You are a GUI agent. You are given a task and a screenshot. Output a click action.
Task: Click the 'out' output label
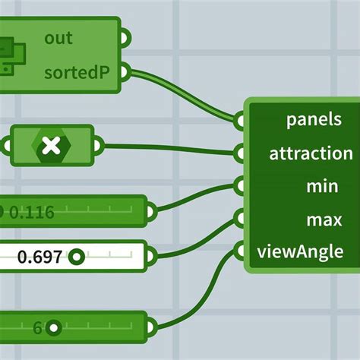pyautogui.click(x=58, y=38)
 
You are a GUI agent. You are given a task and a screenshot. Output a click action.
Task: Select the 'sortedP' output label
pyautogui.click(x=77, y=73)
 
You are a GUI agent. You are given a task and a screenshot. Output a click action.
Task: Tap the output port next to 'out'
pyautogui.click(x=125, y=38)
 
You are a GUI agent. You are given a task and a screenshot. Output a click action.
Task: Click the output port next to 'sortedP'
pyautogui.click(x=125, y=72)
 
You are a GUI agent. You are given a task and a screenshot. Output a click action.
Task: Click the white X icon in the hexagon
pyautogui.click(x=52, y=146)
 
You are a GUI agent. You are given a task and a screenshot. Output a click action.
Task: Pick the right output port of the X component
pyautogui.click(x=98, y=146)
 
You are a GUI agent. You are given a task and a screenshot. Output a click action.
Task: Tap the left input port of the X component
pyautogui.click(x=7, y=146)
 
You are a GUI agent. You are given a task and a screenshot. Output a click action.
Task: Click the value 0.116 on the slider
pyautogui.click(x=32, y=212)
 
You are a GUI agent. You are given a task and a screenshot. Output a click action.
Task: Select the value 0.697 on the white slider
pyautogui.click(x=39, y=257)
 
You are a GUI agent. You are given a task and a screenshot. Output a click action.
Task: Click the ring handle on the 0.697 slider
pyautogui.click(x=77, y=257)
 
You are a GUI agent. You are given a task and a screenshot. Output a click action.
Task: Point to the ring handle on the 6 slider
pyautogui.click(x=53, y=328)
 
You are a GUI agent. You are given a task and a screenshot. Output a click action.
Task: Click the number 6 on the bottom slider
pyautogui.click(x=37, y=328)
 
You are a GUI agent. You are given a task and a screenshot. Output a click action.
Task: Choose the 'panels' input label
pyautogui.click(x=314, y=119)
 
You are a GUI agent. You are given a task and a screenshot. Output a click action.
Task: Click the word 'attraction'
pyautogui.click(x=311, y=153)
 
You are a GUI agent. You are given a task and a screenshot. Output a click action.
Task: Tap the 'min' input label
pyautogui.click(x=322, y=186)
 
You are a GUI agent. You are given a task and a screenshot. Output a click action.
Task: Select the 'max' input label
pyautogui.click(x=324, y=220)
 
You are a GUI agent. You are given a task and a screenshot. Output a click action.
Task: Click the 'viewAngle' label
pyautogui.click(x=300, y=252)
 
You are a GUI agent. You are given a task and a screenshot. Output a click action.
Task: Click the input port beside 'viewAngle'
pyautogui.click(x=238, y=251)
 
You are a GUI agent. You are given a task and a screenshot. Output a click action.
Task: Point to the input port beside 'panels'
pyautogui.click(x=238, y=121)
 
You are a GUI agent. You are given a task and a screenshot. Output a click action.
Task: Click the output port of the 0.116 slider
pyautogui.click(x=151, y=211)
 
